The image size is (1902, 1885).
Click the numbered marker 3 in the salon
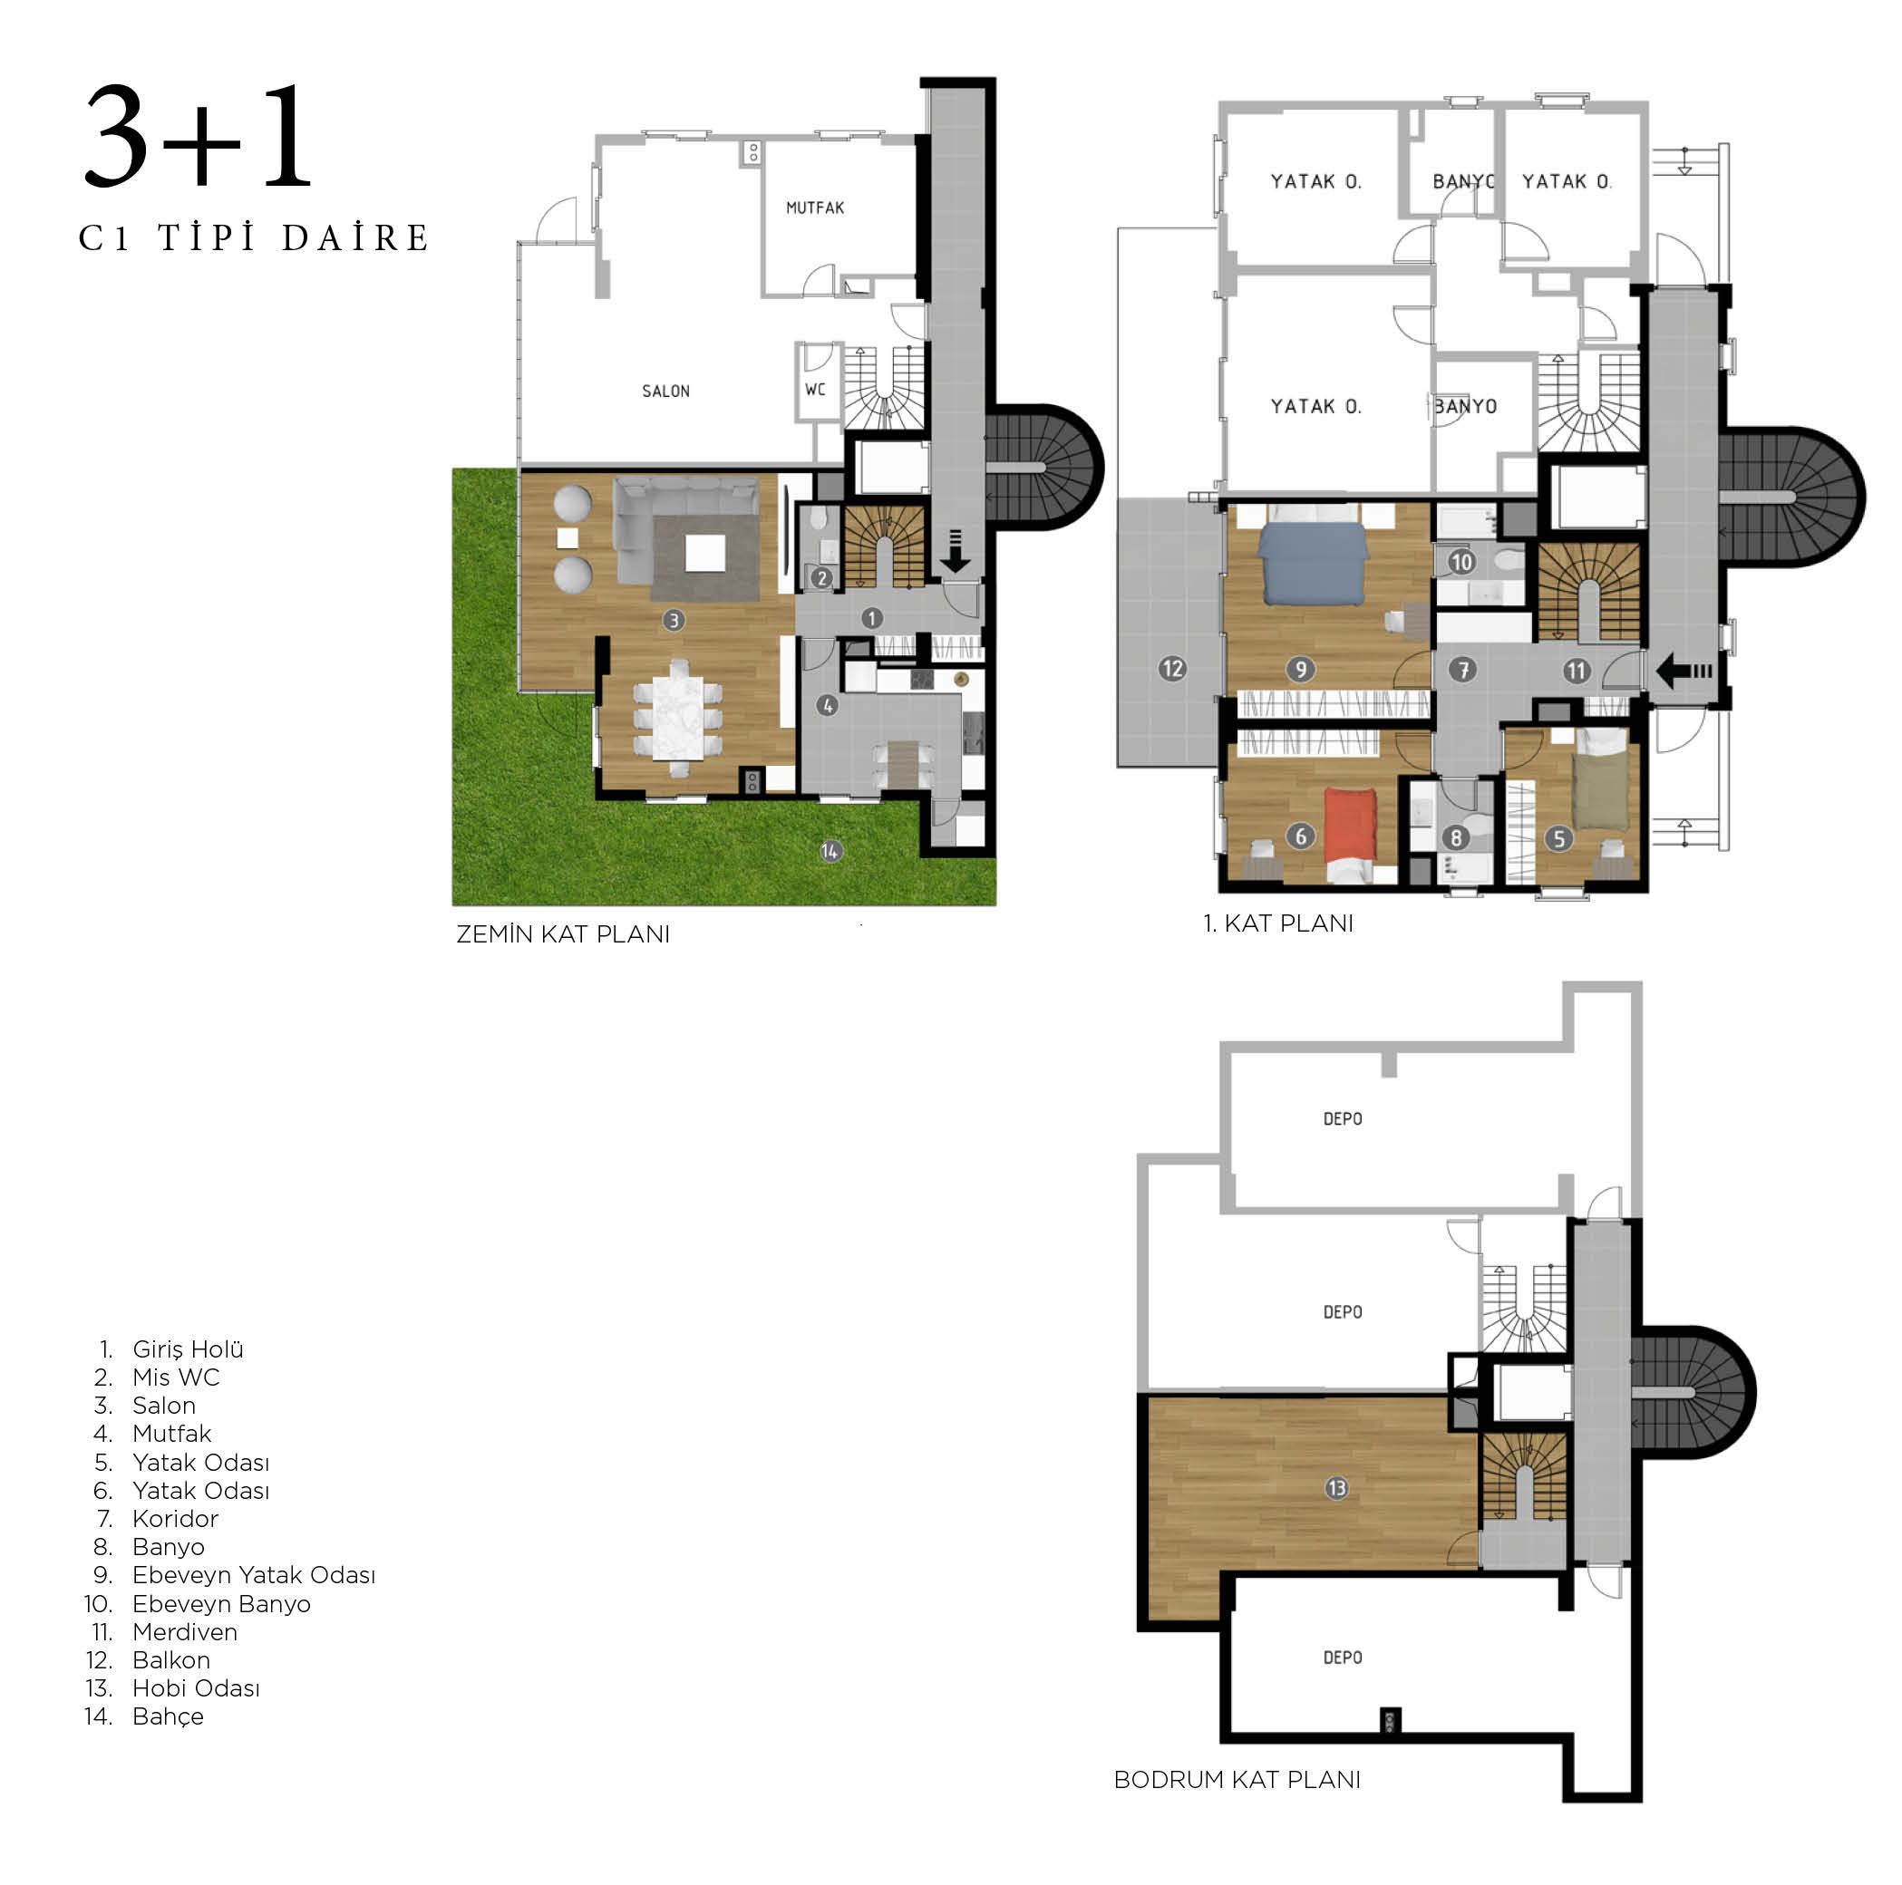coord(674,620)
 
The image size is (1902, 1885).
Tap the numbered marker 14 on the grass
coord(830,852)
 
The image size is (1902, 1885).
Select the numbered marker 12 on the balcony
coord(1172,670)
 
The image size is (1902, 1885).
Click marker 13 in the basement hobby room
coord(1336,1488)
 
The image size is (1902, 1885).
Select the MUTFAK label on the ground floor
coord(815,208)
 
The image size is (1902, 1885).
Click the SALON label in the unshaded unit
coord(665,391)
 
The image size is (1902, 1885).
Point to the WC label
coord(815,390)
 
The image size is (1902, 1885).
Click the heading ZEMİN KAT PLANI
coord(563,934)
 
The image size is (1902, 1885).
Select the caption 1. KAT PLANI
coord(1278,923)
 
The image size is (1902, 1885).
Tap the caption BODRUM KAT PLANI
coord(1237,1780)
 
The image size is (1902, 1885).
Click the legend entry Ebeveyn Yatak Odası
coord(254,1575)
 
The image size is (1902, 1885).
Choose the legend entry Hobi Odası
coord(196,1688)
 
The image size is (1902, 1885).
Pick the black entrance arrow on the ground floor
coord(955,552)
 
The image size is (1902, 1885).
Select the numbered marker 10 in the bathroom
coord(1461,562)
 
